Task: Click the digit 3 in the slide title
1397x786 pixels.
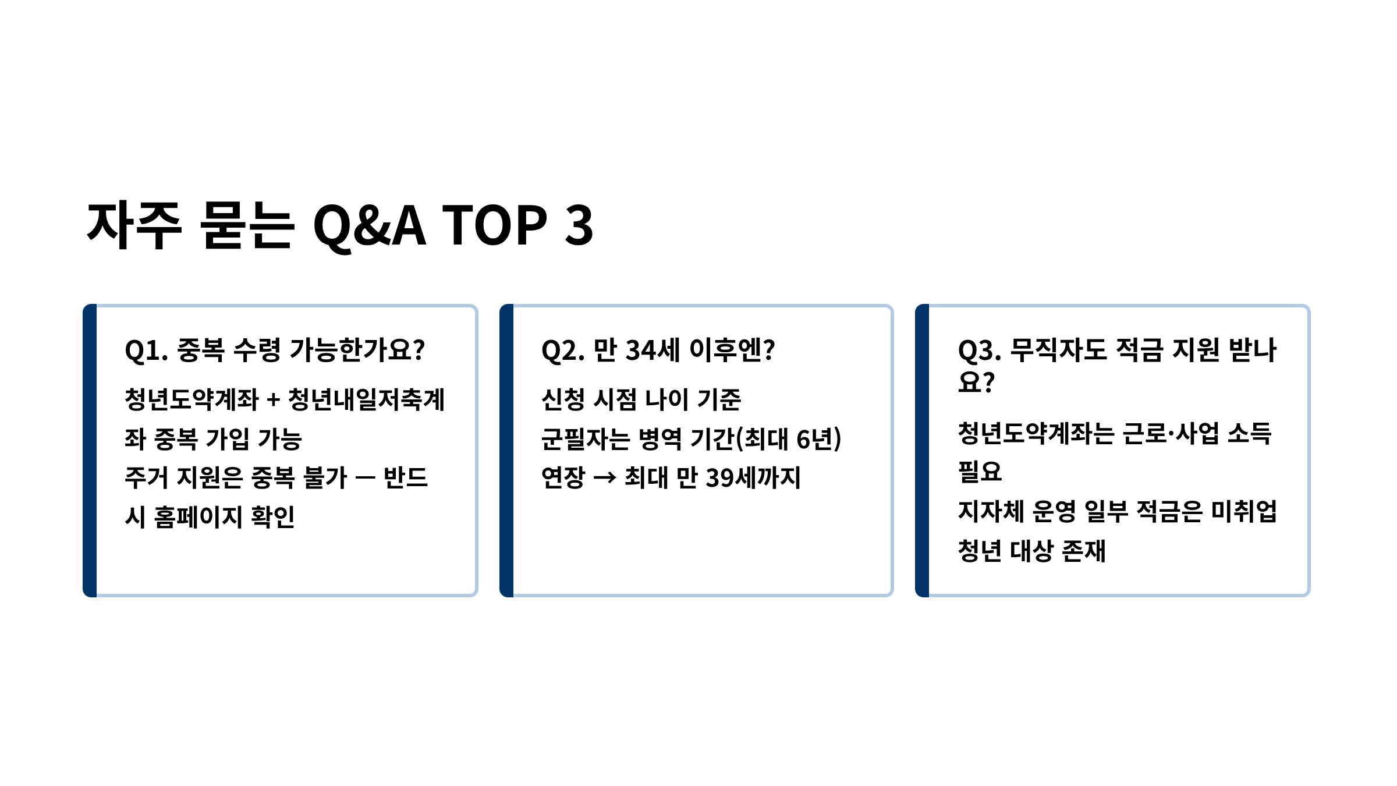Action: [579, 225]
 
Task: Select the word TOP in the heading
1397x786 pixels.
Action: [495, 225]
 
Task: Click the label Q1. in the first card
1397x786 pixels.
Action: [147, 350]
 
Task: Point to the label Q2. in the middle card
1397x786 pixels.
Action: [563, 350]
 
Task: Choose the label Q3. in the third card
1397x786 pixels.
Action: [980, 350]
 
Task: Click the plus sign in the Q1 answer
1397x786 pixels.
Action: [273, 401]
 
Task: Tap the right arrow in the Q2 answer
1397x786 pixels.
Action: [605, 478]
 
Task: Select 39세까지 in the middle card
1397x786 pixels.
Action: [753, 477]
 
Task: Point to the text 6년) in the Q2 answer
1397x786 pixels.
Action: [818, 439]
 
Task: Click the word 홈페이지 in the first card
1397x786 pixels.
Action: [198, 516]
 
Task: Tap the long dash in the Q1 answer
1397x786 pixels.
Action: [364, 478]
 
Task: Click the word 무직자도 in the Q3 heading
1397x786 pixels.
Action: [1058, 350]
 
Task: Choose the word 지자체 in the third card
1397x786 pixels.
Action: [991, 512]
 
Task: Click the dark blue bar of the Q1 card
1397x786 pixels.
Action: [90, 451]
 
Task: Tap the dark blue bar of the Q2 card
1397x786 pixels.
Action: [506, 451]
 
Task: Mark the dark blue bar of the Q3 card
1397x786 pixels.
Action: [922, 451]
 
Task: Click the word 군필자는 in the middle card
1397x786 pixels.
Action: [586, 439]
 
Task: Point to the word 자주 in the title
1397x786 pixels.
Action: [134, 225]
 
